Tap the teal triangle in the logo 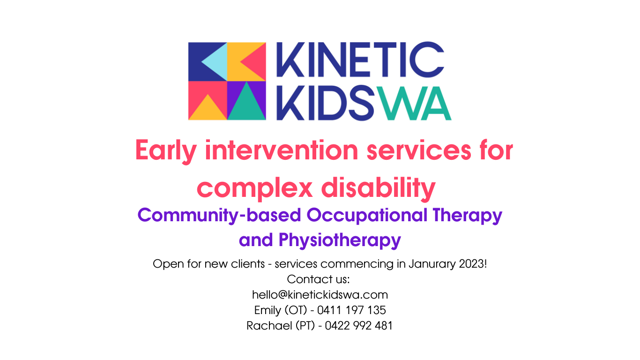[246, 106]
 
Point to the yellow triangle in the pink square [207, 109]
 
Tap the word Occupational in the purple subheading [367, 215]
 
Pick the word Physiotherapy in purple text [340, 240]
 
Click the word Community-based [219, 215]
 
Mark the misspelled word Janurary [432, 264]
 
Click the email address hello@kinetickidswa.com [320, 295]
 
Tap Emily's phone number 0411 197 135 [351, 310]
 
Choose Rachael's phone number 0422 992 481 [358, 326]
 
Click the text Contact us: [319, 279]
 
